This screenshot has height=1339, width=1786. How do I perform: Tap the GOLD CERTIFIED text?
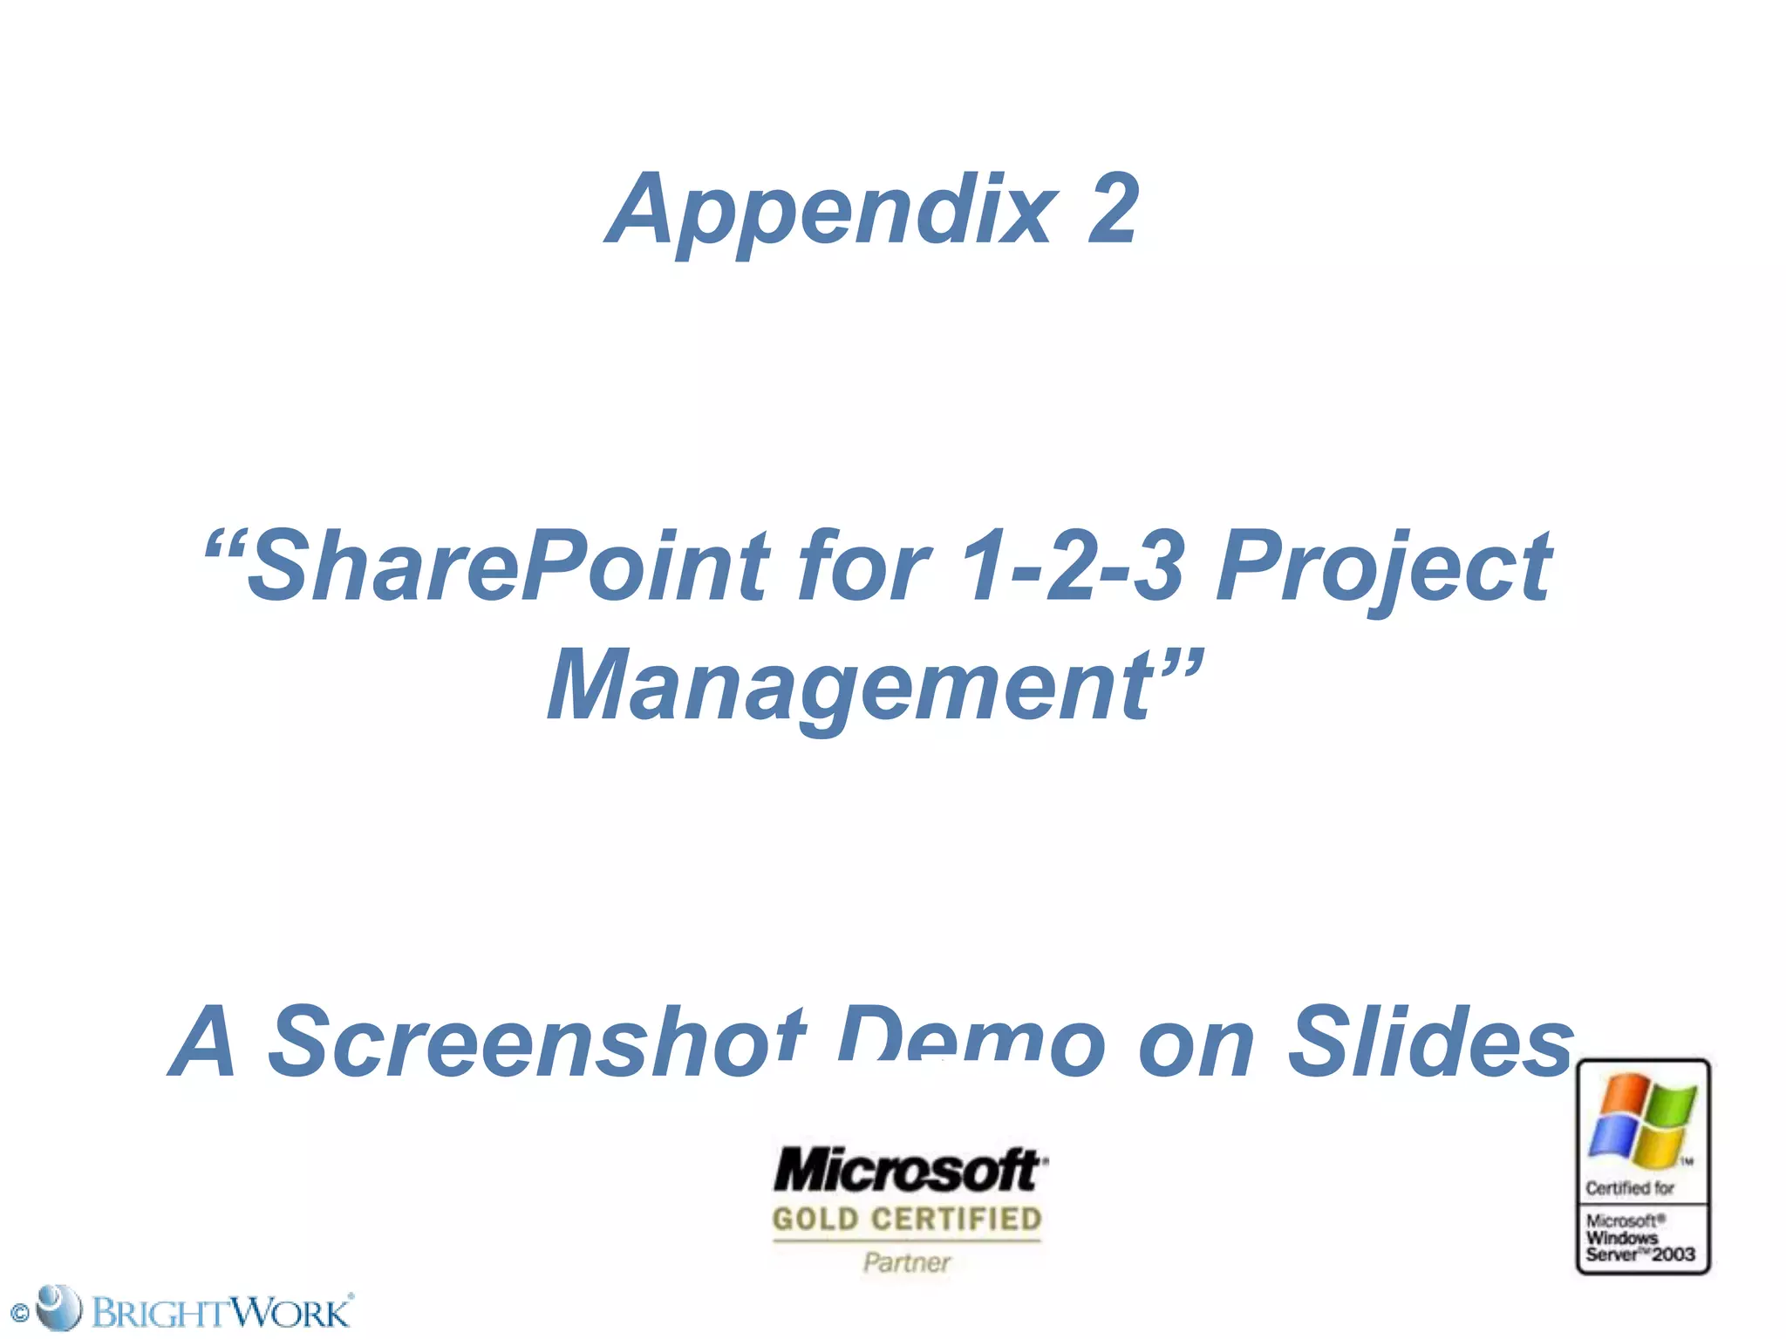pos(907,1219)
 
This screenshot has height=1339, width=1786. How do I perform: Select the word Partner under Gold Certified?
pos(907,1261)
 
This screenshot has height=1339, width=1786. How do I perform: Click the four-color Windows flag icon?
pos(1643,1121)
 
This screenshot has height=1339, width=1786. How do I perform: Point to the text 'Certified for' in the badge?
pos(1629,1188)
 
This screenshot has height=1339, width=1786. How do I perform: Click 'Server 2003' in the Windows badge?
pos(1639,1255)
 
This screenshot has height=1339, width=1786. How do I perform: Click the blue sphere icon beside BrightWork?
pos(58,1308)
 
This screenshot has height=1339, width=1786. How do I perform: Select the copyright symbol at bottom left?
pos(19,1313)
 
